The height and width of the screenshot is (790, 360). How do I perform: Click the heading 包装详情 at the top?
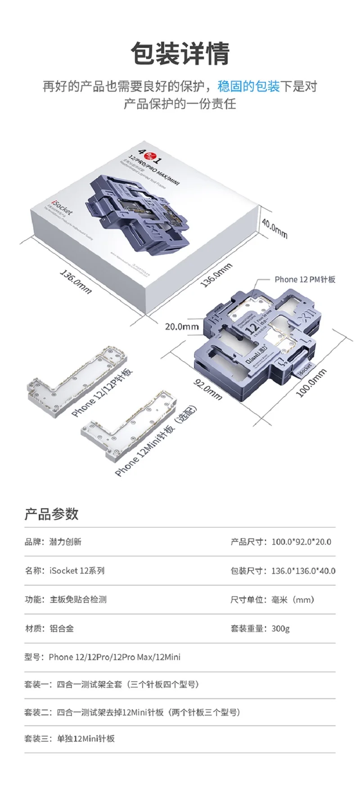click(180, 53)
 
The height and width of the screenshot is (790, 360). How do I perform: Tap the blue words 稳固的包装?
click(248, 86)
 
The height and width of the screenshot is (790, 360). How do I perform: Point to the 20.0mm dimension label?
click(182, 326)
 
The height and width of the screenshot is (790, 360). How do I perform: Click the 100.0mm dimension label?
click(311, 384)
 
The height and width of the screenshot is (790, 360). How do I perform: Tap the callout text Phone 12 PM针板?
click(305, 280)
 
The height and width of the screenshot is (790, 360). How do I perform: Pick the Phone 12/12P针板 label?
click(103, 393)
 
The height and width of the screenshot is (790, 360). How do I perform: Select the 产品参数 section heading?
click(51, 514)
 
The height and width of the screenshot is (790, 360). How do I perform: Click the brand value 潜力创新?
click(65, 542)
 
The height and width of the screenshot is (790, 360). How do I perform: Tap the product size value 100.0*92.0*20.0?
click(301, 542)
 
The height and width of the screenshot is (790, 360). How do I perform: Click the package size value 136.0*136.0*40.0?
click(303, 571)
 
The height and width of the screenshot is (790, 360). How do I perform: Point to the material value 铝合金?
click(62, 628)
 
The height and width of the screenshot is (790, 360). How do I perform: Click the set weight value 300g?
click(280, 628)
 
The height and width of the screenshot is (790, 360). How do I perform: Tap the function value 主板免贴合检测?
click(78, 600)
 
